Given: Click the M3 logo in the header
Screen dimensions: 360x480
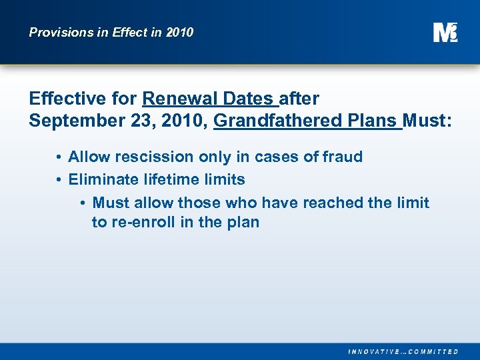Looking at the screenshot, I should pyautogui.click(x=445, y=32).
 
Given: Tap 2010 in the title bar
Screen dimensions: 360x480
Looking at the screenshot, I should pyautogui.click(x=179, y=32).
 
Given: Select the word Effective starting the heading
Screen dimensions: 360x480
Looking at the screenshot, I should pyautogui.click(x=67, y=99).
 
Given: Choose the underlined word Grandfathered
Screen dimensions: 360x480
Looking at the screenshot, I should pyautogui.click(x=278, y=121).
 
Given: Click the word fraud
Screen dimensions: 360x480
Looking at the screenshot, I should pyautogui.click(x=342, y=157).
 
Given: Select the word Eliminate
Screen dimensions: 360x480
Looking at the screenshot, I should pyautogui.click(x=101, y=179).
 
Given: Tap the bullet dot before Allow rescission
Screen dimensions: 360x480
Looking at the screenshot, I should pyautogui.click(x=59, y=158).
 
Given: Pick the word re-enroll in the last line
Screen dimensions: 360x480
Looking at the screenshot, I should pyautogui.click(x=143, y=222).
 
